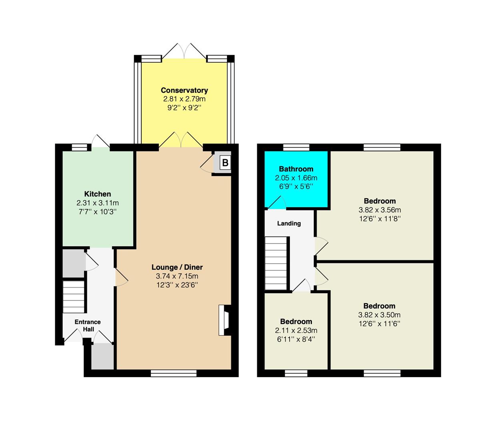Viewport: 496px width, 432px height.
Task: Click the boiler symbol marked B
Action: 225,162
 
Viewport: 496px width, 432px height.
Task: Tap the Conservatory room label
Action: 184,90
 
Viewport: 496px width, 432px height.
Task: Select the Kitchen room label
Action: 97,194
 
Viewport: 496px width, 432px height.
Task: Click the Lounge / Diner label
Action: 177,267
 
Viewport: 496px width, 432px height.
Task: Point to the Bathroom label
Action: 296,169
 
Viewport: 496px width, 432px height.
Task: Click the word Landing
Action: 289,223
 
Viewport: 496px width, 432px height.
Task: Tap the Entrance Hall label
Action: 88,326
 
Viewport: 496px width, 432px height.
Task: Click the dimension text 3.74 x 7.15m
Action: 177,276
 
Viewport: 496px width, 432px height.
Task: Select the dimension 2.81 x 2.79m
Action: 184,99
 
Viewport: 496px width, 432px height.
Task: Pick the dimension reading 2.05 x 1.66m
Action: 296,178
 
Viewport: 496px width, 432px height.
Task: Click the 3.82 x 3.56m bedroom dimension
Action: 380,210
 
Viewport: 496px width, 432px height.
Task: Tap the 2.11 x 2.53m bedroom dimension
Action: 296,330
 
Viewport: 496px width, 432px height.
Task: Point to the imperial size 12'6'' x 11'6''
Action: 380,324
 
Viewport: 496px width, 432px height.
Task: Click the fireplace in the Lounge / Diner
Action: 225,320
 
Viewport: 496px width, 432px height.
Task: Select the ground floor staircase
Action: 74,297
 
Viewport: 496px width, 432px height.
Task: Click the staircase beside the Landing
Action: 276,263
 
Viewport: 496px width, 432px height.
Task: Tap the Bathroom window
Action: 297,147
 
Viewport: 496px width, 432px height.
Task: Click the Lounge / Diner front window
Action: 174,373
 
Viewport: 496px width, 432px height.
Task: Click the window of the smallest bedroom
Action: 296,373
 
